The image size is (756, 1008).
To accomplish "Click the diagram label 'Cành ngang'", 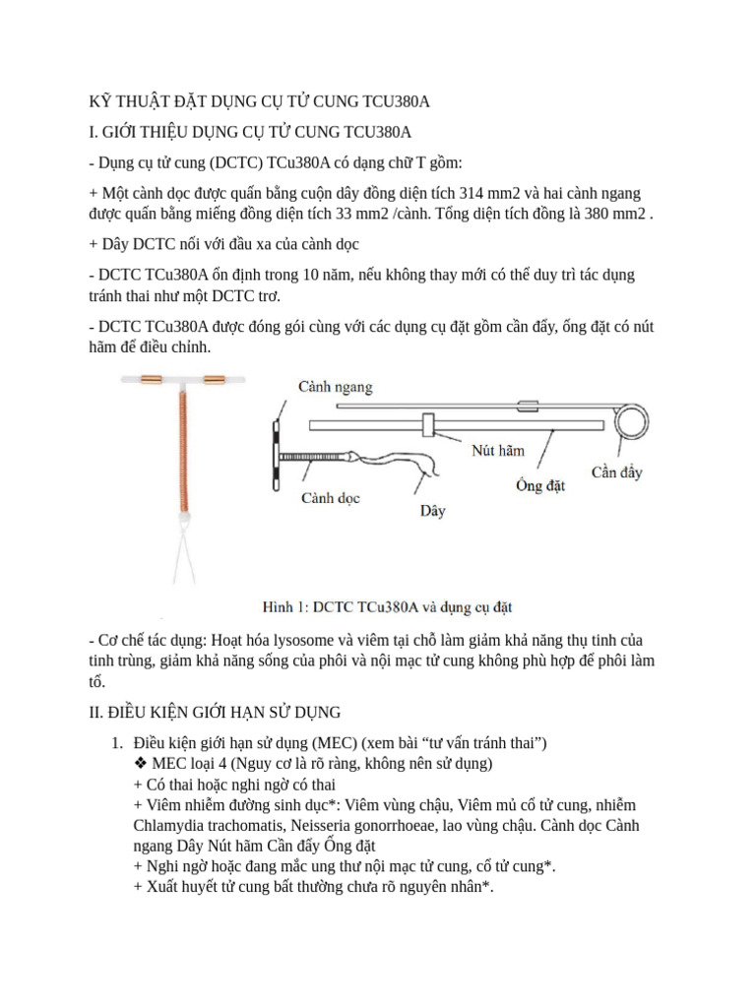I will (x=336, y=387).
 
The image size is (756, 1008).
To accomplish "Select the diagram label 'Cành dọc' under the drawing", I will (x=330, y=498).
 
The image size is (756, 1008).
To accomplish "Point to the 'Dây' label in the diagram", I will (x=433, y=510).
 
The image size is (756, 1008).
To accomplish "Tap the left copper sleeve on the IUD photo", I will (x=152, y=378).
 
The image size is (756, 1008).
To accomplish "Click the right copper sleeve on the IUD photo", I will (x=214, y=378).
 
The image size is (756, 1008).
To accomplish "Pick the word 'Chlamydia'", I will (x=165, y=825).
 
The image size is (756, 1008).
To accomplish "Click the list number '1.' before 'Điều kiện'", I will (x=117, y=742).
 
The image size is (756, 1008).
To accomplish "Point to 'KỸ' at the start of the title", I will (x=99, y=101).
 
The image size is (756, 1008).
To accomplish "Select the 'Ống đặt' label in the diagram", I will (x=540, y=485).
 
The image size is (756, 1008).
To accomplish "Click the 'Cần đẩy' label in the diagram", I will (x=616, y=472).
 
